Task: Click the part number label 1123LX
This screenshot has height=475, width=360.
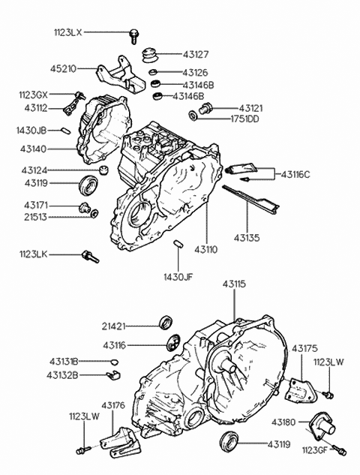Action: point(68,32)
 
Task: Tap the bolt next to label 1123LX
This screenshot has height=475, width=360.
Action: point(133,36)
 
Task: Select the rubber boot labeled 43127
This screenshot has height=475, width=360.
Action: point(150,56)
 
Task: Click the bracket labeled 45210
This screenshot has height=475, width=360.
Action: point(121,74)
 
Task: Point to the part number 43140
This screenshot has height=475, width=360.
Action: point(33,149)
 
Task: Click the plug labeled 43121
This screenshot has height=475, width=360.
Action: point(205,108)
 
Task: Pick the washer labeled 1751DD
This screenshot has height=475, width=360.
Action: point(193,116)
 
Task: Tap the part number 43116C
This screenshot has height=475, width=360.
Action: point(295,175)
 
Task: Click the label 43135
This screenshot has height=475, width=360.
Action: point(247,238)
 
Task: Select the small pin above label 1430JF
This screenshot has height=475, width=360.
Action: point(178,244)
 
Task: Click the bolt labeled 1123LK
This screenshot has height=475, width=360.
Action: point(90,257)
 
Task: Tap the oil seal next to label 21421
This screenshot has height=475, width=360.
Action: point(166,323)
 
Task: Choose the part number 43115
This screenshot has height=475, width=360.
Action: point(234,284)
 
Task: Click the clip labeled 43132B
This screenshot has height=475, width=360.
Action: point(114,374)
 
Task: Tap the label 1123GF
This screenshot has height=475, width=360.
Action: point(314,450)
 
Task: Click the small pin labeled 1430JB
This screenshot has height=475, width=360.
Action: point(66,131)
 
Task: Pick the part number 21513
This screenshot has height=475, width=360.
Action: point(35,217)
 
